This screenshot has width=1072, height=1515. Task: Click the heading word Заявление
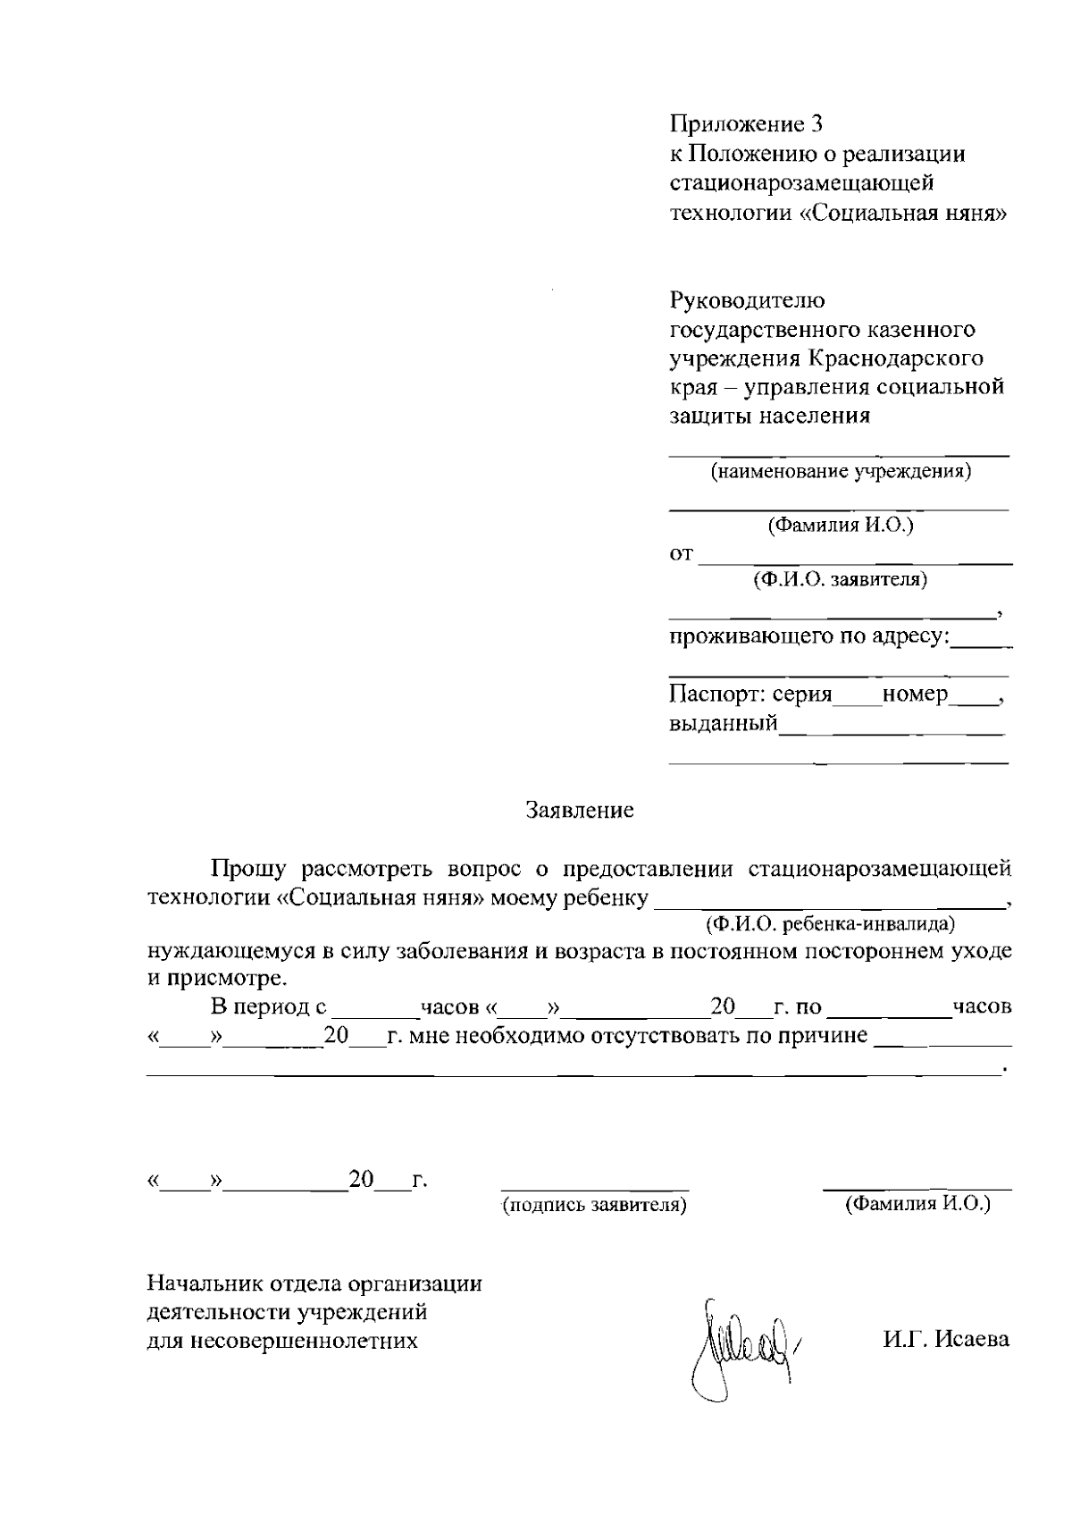[580, 811]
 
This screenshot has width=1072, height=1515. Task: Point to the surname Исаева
[973, 1339]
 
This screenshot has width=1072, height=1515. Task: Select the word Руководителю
[747, 301]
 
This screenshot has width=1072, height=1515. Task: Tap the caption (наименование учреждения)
[840, 471]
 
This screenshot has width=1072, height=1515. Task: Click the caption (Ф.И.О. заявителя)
[840, 580]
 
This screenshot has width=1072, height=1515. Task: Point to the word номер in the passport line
[915, 694]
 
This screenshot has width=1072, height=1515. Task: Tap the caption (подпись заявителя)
[595, 1206]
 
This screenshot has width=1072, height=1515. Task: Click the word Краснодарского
[895, 358]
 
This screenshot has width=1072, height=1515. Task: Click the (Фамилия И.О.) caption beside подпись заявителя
[917, 1204]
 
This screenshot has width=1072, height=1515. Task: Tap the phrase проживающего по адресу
[809, 637]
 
